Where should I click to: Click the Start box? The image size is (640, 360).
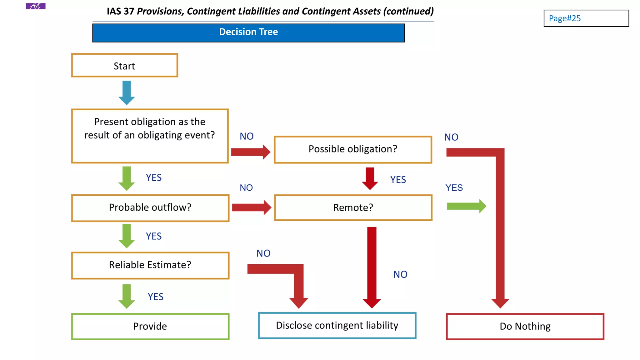point(124,66)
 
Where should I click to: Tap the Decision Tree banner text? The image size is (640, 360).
point(248,32)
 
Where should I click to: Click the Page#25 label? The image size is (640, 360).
point(565,18)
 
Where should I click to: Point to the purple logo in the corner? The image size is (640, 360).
point(36,6)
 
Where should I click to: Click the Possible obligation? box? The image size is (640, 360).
point(353,149)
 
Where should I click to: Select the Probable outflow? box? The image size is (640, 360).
point(150,208)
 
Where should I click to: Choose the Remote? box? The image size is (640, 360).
point(353,208)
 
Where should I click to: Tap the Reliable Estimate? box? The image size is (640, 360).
point(150,265)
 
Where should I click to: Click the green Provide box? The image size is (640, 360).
point(150,326)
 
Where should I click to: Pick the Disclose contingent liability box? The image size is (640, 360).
point(337,326)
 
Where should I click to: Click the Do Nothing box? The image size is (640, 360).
point(525,327)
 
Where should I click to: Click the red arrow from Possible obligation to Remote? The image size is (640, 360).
point(370,178)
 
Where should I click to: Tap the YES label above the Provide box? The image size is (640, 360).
point(156,297)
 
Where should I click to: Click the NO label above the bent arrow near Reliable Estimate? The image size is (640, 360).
point(263,253)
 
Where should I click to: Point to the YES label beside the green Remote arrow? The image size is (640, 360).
point(454,188)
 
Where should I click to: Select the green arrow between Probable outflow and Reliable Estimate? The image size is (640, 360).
point(127,236)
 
